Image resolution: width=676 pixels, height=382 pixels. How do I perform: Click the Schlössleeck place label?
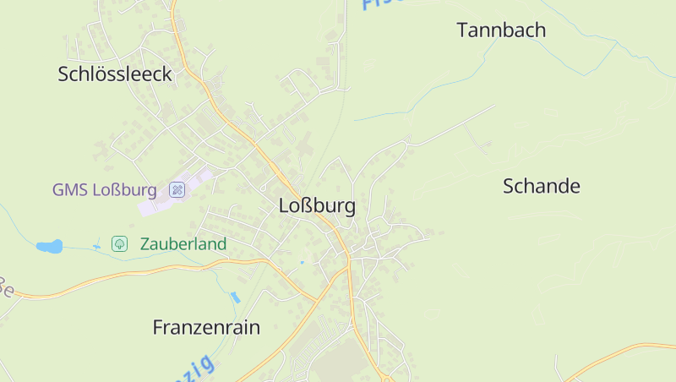[115, 74]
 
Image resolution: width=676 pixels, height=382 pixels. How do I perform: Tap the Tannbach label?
[501, 30]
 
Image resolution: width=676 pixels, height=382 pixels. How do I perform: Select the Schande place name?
[542, 186]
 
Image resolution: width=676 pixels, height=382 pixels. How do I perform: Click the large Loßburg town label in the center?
[317, 205]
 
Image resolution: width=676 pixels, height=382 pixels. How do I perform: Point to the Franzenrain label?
[206, 327]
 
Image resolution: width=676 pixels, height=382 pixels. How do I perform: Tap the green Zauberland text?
[183, 244]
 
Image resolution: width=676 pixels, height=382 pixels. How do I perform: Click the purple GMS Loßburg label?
[105, 189]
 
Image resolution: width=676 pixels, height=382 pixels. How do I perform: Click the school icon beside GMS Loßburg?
[177, 189]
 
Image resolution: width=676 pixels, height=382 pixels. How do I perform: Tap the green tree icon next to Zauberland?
[120, 244]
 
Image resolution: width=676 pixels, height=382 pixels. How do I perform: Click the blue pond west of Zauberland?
[49, 247]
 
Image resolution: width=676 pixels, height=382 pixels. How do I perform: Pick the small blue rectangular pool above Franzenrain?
[236, 297]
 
